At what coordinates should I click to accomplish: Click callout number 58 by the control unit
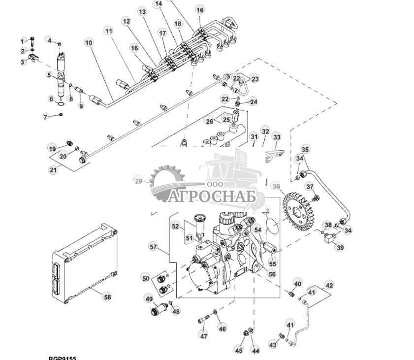click(107, 296)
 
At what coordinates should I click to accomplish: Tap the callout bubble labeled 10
click(89, 43)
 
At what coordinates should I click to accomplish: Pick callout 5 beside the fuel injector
click(49, 75)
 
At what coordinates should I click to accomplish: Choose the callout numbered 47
click(203, 336)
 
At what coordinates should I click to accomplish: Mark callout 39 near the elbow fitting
click(340, 248)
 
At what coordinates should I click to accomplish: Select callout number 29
click(139, 181)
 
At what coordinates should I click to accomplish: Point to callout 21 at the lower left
click(53, 170)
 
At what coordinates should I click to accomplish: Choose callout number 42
click(329, 285)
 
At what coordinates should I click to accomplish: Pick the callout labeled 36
click(276, 186)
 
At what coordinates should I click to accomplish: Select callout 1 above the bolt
click(22, 40)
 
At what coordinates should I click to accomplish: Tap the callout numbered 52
click(175, 226)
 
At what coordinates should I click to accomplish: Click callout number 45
click(239, 350)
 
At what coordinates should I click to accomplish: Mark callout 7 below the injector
click(46, 117)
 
